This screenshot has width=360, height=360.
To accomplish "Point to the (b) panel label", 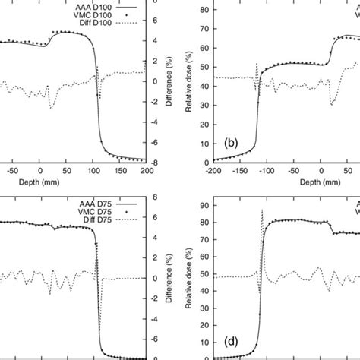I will click(x=235, y=141).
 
